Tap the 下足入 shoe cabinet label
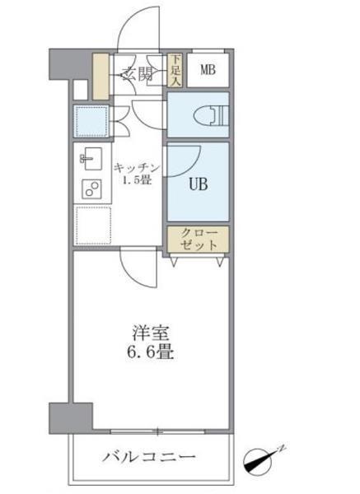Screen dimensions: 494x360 (175, 70)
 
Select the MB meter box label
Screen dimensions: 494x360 (208, 70)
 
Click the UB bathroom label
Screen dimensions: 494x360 (199, 184)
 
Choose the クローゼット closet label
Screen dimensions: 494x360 (199, 239)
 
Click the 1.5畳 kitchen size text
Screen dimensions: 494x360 (137, 180)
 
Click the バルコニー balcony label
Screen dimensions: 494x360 (150, 455)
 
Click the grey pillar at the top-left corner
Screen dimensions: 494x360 (64, 64)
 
